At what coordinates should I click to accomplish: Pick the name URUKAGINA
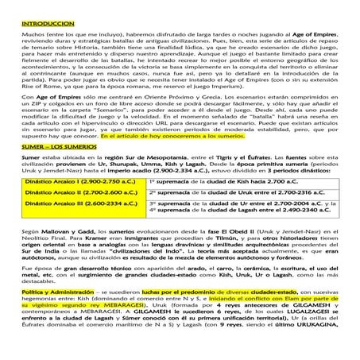(x=325, y=350)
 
